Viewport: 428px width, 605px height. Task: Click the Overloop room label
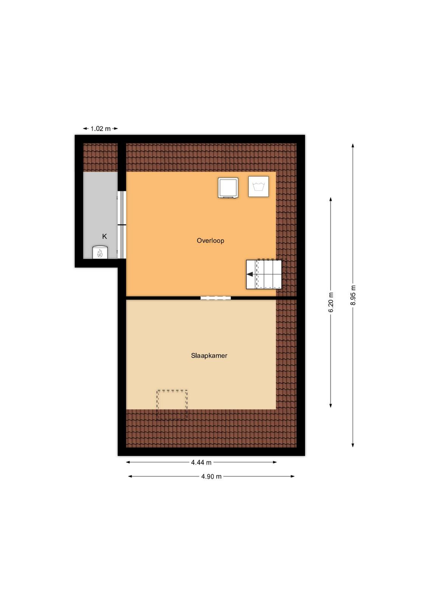click(x=210, y=240)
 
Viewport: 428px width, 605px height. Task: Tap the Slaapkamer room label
click(x=209, y=355)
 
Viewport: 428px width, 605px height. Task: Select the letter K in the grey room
click(x=104, y=236)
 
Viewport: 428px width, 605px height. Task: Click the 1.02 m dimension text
click(x=101, y=129)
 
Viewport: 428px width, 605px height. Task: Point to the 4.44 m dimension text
click(x=201, y=462)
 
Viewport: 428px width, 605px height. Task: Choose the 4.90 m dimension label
click(x=211, y=476)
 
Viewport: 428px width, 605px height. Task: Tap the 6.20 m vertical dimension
click(x=331, y=302)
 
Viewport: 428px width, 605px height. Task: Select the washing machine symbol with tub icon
click(x=258, y=186)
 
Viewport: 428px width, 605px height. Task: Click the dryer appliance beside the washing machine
click(x=228, y=188)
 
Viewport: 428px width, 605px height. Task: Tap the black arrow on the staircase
click(x=250, y=275)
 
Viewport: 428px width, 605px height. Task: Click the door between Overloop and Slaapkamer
click(x=216, y=298)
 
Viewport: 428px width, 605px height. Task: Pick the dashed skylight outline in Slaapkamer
click(x=172, y=405)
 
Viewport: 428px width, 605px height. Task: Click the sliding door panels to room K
click(x=122, y=225)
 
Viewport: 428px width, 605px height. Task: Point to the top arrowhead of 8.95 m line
click(x=353, y=146)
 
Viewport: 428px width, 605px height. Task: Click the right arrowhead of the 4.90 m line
click(x=292, y=476)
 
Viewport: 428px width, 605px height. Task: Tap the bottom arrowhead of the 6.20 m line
click(x=331, y=405)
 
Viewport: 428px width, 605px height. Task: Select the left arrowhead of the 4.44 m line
click(x=128, y=462)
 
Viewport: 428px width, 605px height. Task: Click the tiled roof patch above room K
click(x=101, y=157)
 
